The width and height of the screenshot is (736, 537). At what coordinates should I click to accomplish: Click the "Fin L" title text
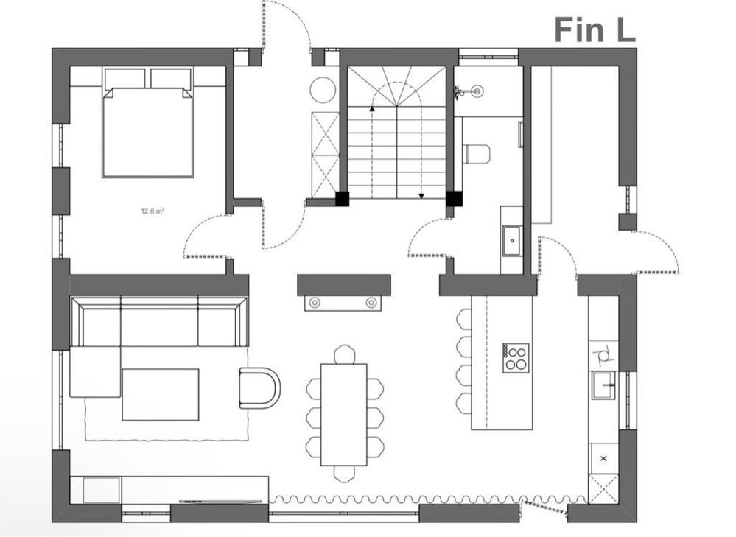(595, 30)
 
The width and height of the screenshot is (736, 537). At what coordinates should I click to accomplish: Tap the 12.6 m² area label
(153, 211)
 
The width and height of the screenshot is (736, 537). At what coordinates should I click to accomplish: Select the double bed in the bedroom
(147, 122)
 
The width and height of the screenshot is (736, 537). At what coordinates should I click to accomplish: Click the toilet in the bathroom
(477, 154)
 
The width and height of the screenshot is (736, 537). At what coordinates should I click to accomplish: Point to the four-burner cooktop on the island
(516, 358)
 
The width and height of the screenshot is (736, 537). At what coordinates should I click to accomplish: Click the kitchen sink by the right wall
(603, 385)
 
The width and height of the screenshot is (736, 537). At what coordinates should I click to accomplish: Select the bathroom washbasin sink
(512, 241)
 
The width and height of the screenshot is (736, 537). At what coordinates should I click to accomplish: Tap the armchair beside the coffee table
(260, 387)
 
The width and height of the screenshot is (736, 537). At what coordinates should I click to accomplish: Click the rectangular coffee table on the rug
(161, 394)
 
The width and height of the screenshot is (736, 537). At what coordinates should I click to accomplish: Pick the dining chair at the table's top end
(344, 354)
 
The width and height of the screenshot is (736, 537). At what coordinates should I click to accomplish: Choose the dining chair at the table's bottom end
(344, 474)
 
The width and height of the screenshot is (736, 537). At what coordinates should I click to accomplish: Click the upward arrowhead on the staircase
(372, 108)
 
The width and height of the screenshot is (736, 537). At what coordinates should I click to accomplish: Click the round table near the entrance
(323, 89)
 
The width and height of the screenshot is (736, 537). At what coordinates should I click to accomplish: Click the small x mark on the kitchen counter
(603, 458)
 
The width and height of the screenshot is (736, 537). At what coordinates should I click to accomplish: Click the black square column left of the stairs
(342, 199)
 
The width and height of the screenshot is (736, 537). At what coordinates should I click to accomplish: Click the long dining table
(344, 415)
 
